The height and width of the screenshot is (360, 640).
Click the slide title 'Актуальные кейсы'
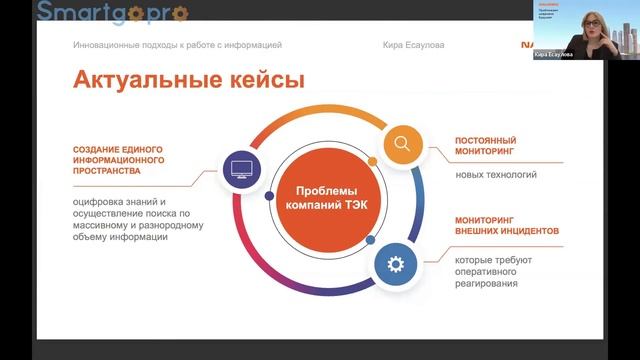[188, 81]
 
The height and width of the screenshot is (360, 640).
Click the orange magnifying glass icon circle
[402, 143]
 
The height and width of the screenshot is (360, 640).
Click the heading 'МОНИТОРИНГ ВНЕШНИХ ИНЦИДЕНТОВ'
[506, 225]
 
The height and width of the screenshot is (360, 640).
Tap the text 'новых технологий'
[496, 175]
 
